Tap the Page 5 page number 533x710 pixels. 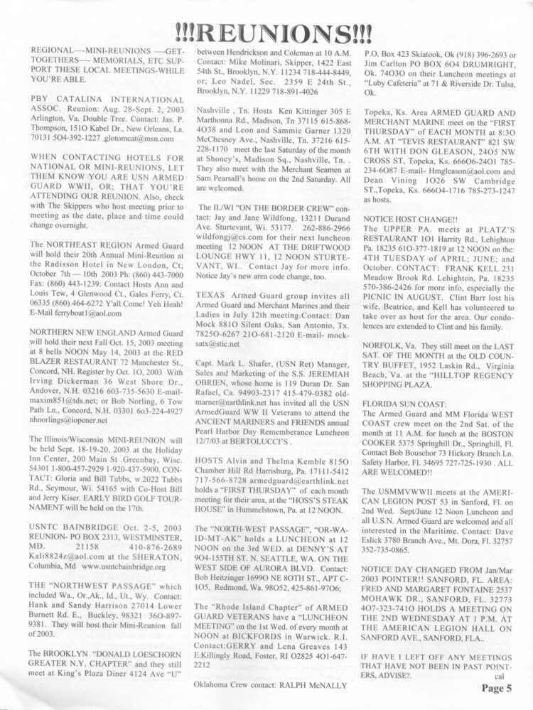506,687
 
